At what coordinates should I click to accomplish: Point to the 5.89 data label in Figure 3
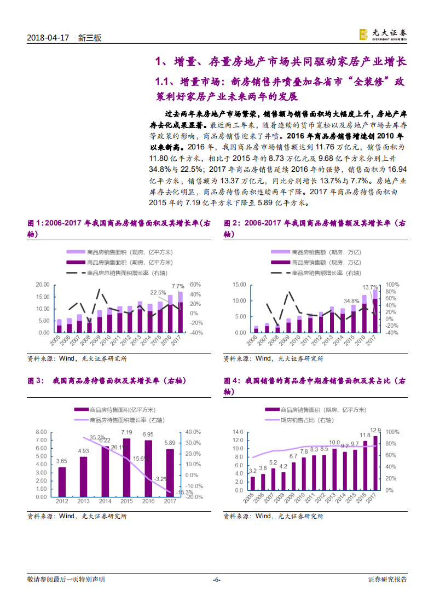[x=170, y=443]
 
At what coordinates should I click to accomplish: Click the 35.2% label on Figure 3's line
[x=97, y=437]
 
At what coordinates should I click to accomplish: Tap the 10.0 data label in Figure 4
[x=334, y=443]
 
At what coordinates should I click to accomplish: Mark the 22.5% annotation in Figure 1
[x=158, y=292]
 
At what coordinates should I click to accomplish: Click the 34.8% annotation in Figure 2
[x=351, y=300]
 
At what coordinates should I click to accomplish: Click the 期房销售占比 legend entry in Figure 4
[x=309, y=420]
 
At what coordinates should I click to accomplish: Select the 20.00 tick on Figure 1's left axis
[x=42, y=285]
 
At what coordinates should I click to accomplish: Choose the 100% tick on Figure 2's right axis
[x=392, y=285]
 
